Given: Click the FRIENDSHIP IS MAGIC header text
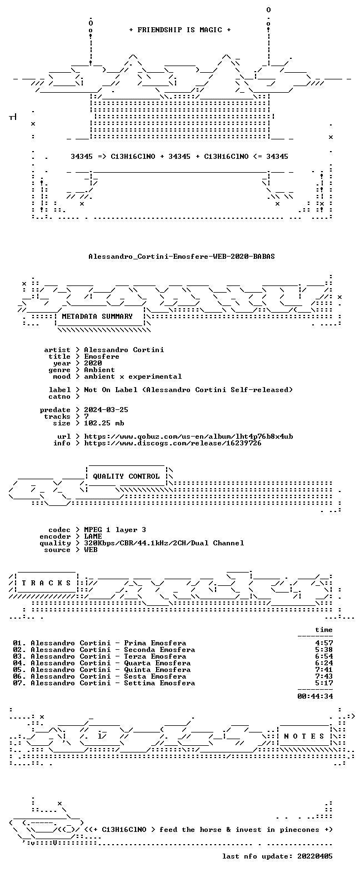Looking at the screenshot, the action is coord(180,30).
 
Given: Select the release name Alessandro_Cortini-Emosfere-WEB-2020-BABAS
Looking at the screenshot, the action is coord(181,257).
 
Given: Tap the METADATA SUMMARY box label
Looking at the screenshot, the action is coord(97,317).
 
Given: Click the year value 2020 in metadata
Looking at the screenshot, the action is coord(93,363).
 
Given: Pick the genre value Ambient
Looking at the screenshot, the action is coord(99,370).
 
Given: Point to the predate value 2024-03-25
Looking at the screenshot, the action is coord(106,410).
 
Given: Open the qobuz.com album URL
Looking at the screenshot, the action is coord(188,436).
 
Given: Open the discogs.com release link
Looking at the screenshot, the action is coord(173,443).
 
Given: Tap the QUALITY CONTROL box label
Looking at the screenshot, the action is coord(126,476).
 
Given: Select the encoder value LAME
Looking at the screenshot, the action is coord(93,536).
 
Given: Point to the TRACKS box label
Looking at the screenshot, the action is coord(46,583).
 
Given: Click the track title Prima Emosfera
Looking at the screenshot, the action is coord(155,643).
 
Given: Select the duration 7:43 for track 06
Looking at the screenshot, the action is coord(324,676).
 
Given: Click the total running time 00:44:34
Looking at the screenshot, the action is coord(315,696).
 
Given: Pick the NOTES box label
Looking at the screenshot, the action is coord(304,736).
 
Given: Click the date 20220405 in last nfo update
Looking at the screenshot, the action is coord(315,856).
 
